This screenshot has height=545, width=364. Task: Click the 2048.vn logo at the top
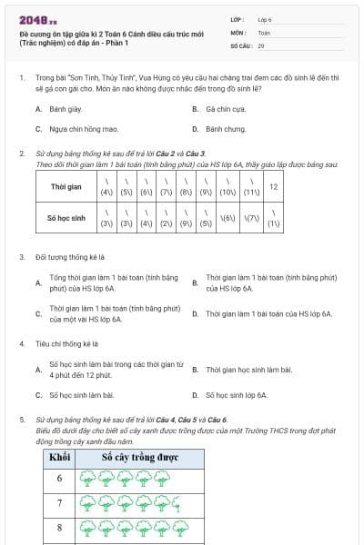(x=37, y=19)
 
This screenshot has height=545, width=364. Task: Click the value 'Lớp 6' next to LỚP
(x=265, y=19)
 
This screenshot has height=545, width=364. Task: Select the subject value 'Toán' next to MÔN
(x=264, y=32)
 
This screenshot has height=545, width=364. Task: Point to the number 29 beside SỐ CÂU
(x=261, y=45)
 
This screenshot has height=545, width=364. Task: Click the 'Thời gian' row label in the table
(x=66, y=187)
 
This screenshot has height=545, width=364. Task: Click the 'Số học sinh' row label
(x=66, y=218)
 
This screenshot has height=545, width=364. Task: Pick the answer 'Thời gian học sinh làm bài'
(x=248, y=370)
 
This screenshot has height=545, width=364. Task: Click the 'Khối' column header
(x=60, y=456)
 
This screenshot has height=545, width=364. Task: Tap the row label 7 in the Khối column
(x=60, y=502)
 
